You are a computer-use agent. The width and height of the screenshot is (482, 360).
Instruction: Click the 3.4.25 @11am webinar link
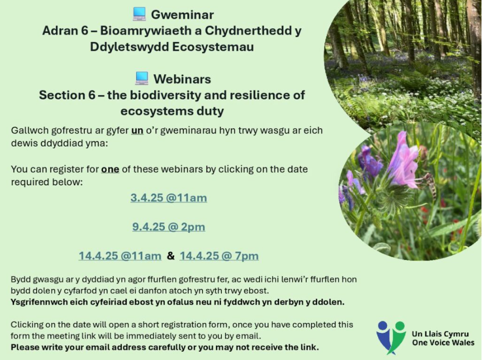pos(169,198)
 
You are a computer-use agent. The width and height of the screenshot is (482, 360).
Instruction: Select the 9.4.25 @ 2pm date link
pos(169,227)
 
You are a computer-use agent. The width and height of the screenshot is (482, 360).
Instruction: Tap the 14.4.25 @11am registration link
pos(120,256)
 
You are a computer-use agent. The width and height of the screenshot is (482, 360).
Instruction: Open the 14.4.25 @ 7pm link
pos(219,256)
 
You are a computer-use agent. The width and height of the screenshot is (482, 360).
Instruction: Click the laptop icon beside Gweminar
pos(139,14)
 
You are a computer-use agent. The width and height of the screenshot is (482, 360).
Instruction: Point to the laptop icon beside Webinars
pos(142,78)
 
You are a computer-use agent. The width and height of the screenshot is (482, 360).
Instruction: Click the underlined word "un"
pos(137,130)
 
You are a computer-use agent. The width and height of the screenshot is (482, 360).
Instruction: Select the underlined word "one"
pos(110,169)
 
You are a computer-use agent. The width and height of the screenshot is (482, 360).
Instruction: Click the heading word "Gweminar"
pos(182,15)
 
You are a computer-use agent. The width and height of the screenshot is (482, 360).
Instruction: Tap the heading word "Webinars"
pos(182,79)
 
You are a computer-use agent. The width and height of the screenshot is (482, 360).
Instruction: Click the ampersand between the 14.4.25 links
pos(171,255)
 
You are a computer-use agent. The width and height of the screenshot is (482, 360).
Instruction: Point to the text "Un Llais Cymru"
pos(440,334)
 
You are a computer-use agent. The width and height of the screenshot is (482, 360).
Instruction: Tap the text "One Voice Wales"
pos(443,343)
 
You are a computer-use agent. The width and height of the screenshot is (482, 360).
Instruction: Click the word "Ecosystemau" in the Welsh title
pos(212,47)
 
